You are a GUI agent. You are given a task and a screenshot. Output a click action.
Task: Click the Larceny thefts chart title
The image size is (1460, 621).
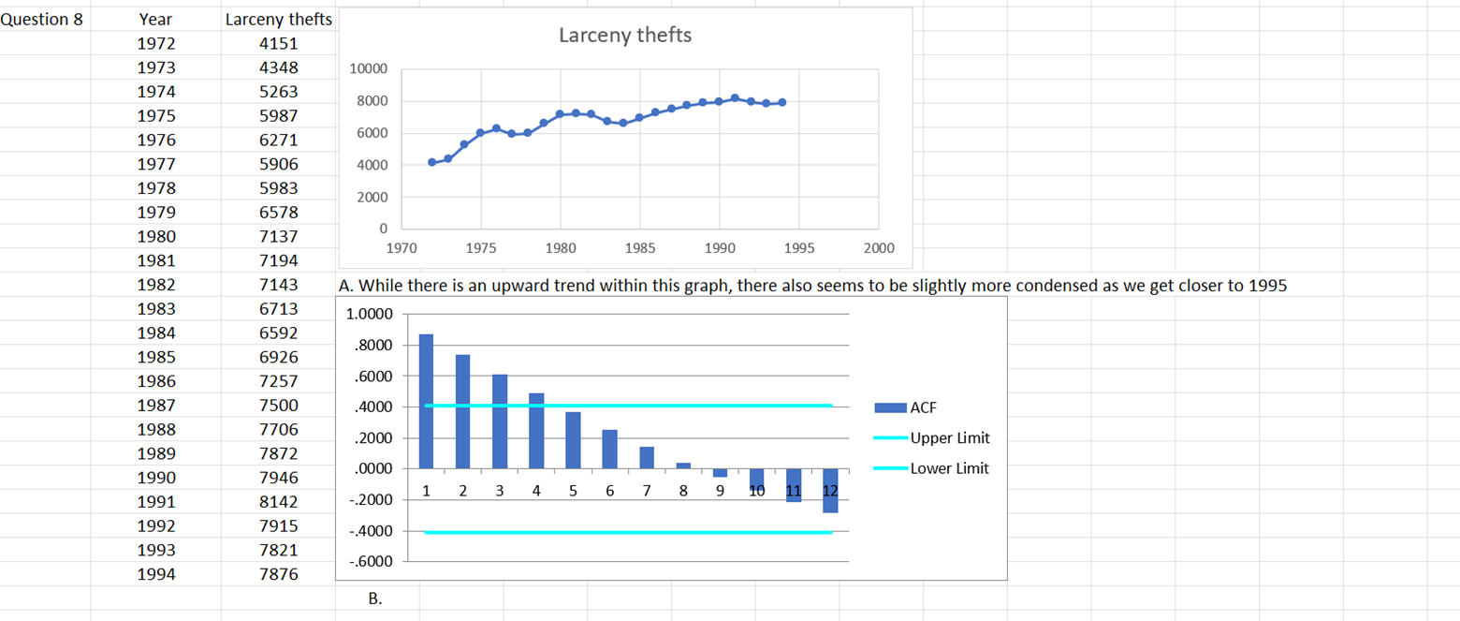pos(624,36)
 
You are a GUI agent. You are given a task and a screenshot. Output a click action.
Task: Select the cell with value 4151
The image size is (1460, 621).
pos(278,44)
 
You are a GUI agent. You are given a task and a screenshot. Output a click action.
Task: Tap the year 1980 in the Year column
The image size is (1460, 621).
pos(155,236)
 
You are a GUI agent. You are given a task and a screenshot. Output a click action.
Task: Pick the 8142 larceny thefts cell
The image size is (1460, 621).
pos(278,502)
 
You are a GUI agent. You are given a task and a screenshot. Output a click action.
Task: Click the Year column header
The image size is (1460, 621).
pos(155,20)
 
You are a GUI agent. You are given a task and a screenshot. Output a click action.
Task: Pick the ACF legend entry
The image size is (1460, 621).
pos(923,407)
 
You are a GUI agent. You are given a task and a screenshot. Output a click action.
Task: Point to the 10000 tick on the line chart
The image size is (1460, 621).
pos(367,69)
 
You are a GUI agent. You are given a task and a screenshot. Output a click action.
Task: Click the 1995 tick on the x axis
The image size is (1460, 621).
pos(798,248)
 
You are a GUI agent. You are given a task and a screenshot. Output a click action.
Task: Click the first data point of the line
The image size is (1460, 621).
pos(432,162)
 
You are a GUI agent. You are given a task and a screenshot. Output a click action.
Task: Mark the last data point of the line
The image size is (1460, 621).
pos(781,102)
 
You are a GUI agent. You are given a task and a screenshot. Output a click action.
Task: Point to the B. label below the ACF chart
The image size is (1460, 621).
pos(374,598)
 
